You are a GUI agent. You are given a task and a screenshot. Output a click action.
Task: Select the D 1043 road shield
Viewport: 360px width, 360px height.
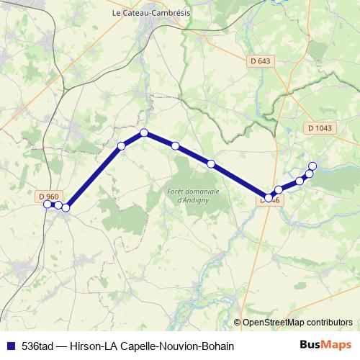(x=320, y=128)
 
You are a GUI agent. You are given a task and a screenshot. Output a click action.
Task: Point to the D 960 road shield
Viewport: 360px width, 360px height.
(x=48, y=196)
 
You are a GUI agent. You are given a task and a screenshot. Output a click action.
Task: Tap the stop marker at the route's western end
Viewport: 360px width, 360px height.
(x=48, y=204)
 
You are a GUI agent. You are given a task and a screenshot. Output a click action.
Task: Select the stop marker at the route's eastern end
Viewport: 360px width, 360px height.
(x=312, y=166)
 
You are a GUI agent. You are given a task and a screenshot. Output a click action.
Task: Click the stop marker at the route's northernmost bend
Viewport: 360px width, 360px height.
(x=144, y=132)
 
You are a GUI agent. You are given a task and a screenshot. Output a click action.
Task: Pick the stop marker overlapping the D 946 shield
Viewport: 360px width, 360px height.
(x=269, y=197)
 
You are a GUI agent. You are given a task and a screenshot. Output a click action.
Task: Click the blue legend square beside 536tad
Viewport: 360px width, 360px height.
(x=10, y=346)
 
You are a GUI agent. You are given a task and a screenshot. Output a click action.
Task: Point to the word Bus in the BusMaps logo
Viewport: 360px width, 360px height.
(x=310, y=345)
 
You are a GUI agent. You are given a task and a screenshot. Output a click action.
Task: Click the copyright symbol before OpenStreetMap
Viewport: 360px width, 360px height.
(x=237, y=323)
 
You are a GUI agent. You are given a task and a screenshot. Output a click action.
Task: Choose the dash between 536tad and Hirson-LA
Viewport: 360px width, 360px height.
(x=63, y=346)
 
